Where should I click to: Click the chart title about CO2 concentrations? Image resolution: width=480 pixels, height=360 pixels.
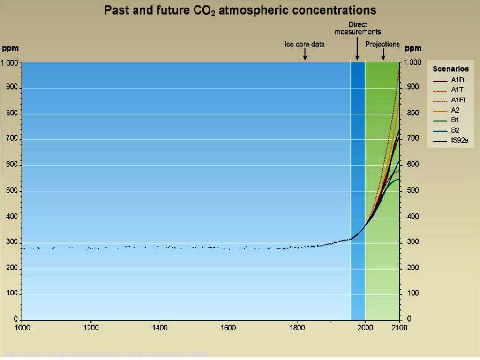point(240,10)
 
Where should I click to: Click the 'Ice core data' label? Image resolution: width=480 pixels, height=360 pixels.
point(305,45)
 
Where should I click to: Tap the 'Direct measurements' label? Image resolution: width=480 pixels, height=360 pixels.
point(358,28)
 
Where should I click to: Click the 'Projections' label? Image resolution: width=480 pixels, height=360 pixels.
point(382,45)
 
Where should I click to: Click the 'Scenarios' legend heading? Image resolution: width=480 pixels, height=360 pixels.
point(450,69)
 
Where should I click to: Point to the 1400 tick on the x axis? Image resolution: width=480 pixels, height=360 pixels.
point(160,328)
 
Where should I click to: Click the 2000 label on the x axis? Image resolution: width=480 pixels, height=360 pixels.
point(365,328)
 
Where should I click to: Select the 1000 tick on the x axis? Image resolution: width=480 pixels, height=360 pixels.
point(22,328)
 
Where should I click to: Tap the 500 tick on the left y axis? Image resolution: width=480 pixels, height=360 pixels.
point(11,191)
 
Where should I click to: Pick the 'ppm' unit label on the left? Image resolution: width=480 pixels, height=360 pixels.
point(10,48)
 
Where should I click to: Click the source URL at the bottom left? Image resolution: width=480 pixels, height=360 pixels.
point(105,353)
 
